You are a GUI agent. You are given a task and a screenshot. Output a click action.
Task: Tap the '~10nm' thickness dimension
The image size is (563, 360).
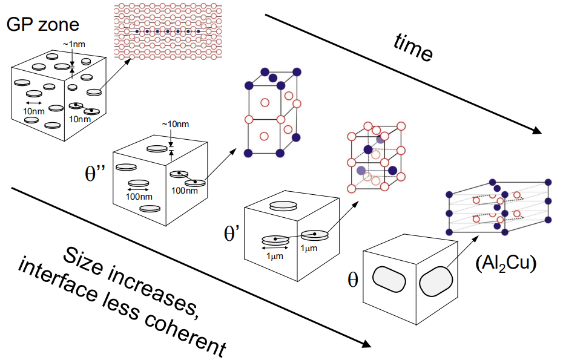click(x=175, y=125)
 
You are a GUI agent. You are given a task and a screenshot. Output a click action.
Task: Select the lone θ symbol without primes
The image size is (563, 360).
click(x=353, y=280)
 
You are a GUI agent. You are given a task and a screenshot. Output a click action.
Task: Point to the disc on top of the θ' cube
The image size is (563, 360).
click(x=284, y=206)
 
